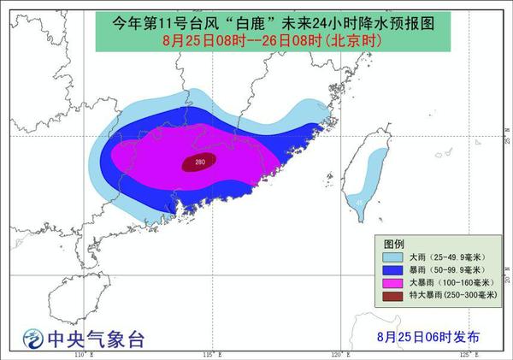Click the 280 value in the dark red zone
(199, 162)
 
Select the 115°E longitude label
(210, 354)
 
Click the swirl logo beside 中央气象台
(32, 338)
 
